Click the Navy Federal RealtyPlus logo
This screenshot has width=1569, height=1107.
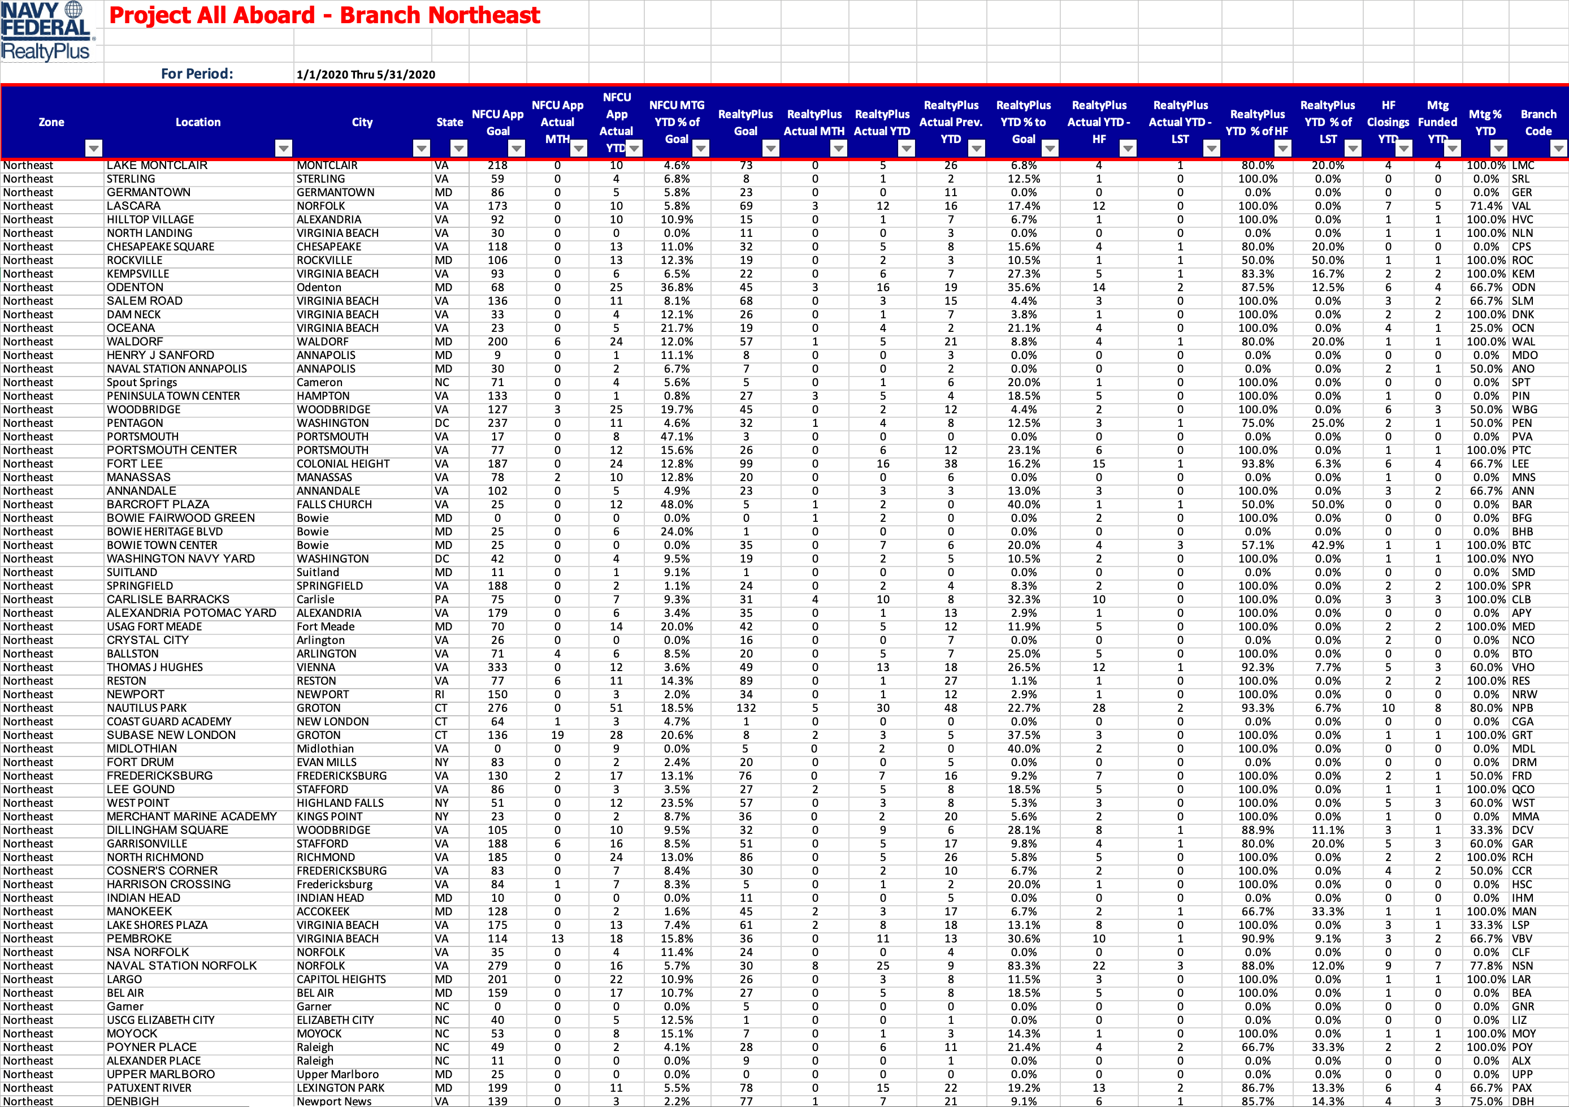tap(46, 32)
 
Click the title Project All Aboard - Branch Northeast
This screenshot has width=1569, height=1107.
tap(324, 15)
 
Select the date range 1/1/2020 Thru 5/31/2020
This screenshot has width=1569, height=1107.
tap(366, 75)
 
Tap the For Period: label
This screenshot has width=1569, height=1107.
tap(197, 74)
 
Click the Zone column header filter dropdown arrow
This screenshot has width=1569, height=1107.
tap(94, 148)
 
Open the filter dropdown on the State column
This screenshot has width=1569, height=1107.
tap(458, 148)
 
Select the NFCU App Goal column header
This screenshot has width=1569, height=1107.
tap(497, 122)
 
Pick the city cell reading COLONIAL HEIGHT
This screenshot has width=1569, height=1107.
tap(343, 464)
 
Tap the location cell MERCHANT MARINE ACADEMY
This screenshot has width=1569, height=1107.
tap(192, 816)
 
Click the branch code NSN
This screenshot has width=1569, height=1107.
tap(1523, 966)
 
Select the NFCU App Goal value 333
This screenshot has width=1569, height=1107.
tap(497, 667)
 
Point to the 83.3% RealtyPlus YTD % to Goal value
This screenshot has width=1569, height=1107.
tap(1023, 966)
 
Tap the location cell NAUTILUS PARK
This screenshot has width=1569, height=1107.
tap(146, 708)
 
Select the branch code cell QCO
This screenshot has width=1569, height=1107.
tap(1523, 789)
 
